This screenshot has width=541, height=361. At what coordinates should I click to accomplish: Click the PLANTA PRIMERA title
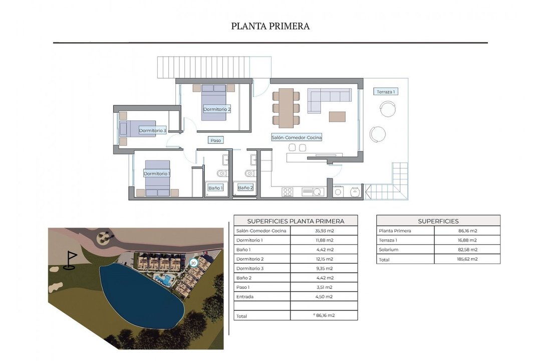[x=270, y=26]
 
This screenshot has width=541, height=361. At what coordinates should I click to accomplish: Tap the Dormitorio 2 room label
[x=217, y=109]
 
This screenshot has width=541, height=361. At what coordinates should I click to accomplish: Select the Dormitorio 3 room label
[x=152, y=130]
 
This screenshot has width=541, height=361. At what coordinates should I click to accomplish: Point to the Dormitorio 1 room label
[x=157, y=173]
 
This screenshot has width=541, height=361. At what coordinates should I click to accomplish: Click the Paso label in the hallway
[x=215, y=140]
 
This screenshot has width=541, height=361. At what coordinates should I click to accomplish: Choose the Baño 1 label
[x=215, y=188]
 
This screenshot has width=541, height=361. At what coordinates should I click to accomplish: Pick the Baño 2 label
[x=245, y=188]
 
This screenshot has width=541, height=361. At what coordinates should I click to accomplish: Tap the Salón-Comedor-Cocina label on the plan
[x=297, y=137]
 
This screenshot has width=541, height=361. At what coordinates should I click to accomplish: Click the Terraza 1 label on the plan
[x=385, y=92]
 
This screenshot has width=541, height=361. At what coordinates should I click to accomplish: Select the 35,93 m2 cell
[x=324, y=231]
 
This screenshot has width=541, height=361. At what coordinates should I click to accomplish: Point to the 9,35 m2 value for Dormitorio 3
[x=324, y=268]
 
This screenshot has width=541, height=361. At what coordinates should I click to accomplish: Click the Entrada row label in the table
[x=245, y=297]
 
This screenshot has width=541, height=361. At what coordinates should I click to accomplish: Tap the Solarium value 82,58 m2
[x=467, y=249]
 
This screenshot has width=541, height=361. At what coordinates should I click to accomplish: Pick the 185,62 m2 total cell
[x=467, y=259]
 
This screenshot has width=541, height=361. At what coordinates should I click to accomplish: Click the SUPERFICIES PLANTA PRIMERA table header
[x=296, y=221]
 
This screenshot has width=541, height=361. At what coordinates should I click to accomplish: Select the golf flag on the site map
[x=71, y=260]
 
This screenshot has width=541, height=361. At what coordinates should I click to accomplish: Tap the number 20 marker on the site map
[x=193, y=263]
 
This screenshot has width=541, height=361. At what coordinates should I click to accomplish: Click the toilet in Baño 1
[x=222, y=172]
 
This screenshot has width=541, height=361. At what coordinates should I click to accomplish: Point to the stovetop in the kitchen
[x=288, y=192]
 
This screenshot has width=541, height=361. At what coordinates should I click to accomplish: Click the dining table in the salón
[x=286, y=108]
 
